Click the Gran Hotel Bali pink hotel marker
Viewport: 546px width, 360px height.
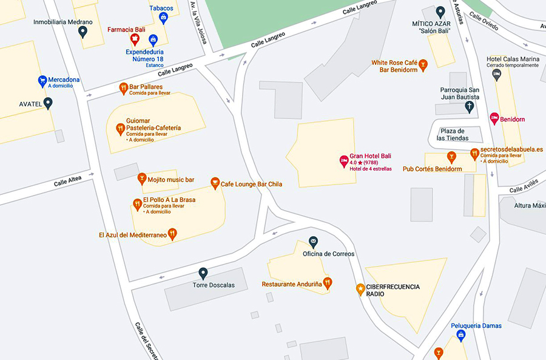pyautogui.click(x=343, y=161)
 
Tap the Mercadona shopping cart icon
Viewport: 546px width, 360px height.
pyautogui.click(x=42, y=80)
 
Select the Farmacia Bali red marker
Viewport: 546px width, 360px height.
pyautogui.click(x=135, y=40)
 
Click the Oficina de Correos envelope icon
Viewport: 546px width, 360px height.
pyautogui.click(x=313, y=242)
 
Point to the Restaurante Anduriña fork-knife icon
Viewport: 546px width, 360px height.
pyautogui.click(x=328, y=282)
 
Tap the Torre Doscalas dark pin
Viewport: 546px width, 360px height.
pyautogui.click(x=203, y=273)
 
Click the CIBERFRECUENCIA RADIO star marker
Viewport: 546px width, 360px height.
pyautogui.click(x=360, y=289)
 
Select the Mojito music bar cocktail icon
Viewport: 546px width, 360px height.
pyautogui.click(x=141, y=178)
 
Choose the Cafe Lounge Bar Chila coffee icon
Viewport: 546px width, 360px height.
pyautogui.click(x=215, y=183)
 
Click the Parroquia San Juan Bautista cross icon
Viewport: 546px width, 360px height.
pyautogui.click(x=469, y=107)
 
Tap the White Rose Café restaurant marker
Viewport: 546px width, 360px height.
pyautogui.click(x=423, y=64)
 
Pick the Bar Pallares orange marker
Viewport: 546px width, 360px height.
pyautogui.click(x=123, y=89)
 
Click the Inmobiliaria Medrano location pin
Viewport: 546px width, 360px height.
pyautogui.click(x=83, y=31)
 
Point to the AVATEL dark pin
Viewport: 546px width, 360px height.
pyautogui.click(x=48, y=103)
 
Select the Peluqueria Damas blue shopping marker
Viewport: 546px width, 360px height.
pyautogui.click(x=461, y=335)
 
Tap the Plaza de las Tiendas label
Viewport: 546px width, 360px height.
pyautogui.click(x=453, y=134)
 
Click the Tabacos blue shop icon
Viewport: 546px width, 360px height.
pyautogui.click(x=163, y=18)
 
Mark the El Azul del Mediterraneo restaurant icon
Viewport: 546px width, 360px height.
pyautogui.click(x=172, y=234)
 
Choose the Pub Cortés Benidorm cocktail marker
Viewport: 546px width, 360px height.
pyautogui.click(x=451, y=158)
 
